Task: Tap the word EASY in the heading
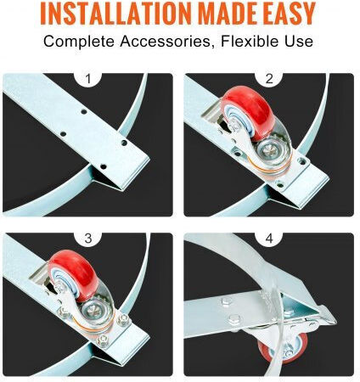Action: click(290, 14)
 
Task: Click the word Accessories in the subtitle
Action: click(168, 42)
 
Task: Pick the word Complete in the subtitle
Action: click(79, 42)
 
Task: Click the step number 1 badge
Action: click(88, 78)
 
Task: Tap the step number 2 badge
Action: click(269, 78)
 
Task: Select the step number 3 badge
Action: click(88, 238)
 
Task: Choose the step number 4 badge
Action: click(269, 238)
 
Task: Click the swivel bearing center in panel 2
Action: click(271, 151)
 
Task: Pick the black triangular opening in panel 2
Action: click(283, 197)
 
